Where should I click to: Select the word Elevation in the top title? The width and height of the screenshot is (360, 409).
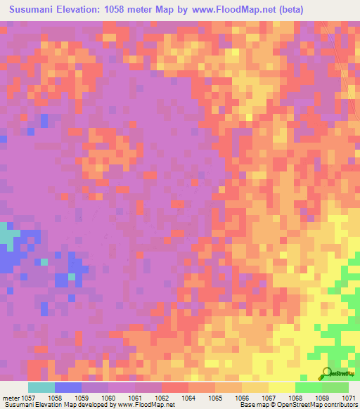click(88, 9)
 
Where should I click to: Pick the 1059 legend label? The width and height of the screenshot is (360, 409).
click(82, 397)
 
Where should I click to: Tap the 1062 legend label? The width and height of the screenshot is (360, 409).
click(162, 397)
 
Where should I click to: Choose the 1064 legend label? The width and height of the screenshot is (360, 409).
click(189, 397)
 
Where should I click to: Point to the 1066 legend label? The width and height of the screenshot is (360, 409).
click(243, 397)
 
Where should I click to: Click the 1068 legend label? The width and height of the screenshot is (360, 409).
click(296, 397)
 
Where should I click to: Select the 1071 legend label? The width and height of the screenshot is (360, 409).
click(349, 397)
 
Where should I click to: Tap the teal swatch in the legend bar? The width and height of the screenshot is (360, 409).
click(41, 387)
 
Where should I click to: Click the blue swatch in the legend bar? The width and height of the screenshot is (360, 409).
click(68, 387)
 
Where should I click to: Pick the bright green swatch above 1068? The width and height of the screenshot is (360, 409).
click(309, 387)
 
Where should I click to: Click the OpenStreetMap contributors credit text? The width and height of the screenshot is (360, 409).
click(323, 405)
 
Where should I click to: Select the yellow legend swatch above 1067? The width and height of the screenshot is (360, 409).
click(282, 387)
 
